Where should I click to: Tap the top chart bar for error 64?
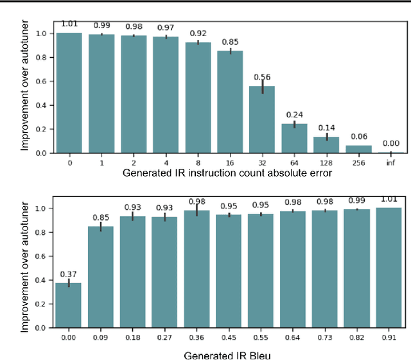(293, 139)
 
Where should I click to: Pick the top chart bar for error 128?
(326, 145)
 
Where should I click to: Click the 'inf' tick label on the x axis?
(390, 162)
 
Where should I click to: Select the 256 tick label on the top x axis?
(358, 162)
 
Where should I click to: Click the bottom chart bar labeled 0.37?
(68, 305)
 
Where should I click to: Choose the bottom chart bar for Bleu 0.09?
(100, 277)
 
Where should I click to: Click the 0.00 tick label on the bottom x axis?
(68, 336)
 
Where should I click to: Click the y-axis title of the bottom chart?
(25, 263)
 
